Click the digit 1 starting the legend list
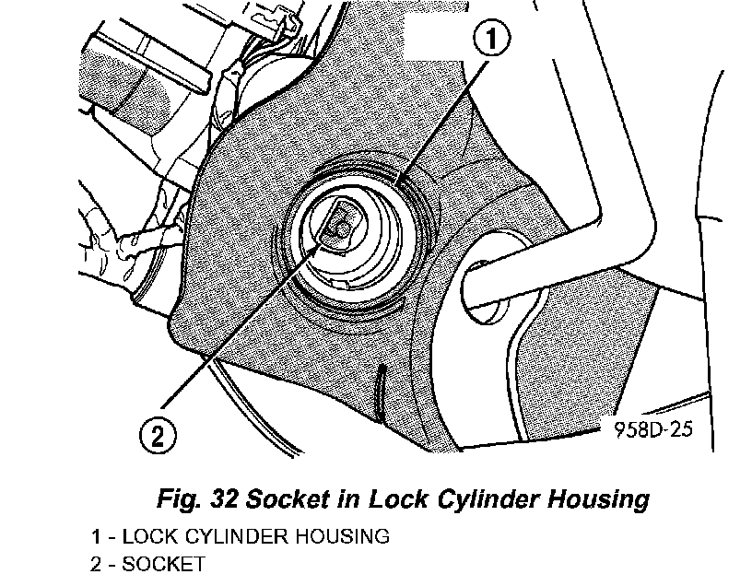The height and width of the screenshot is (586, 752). click(x=96, y=536)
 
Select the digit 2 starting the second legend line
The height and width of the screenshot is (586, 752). click(x=96, y=563)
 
